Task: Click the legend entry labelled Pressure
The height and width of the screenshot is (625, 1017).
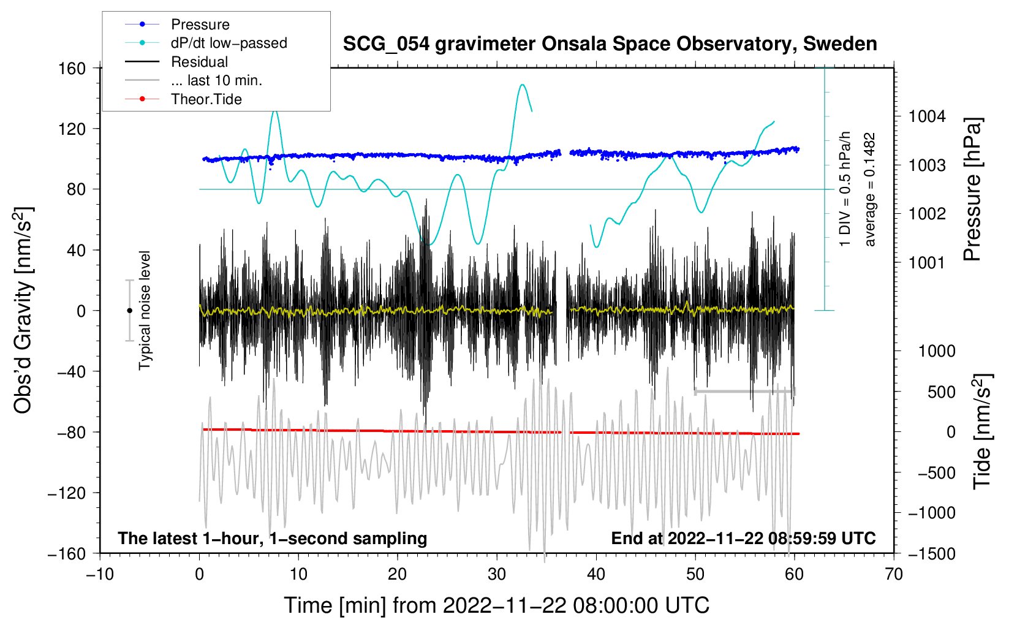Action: pos(200,25)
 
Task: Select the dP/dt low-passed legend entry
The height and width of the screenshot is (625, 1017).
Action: pos(229,43)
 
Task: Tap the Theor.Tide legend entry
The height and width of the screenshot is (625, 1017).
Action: pos(206,99)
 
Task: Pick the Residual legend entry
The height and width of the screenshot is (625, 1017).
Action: pos(199,62)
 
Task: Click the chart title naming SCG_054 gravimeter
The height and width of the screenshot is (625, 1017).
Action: pos(610,44)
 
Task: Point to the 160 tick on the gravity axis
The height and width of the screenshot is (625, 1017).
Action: pos(72,68)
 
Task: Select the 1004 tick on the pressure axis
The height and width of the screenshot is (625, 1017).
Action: pos(927,116)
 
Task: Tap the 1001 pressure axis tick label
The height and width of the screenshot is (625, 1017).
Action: pos(927,263)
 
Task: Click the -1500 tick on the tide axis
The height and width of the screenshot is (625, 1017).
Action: pos(932,554)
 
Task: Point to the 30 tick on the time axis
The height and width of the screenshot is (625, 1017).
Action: pos(497,575)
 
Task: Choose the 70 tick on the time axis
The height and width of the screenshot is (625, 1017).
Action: pos(894,575)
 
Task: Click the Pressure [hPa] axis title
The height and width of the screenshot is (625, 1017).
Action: pos(973,190)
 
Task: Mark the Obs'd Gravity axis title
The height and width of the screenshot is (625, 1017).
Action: pos(23,310)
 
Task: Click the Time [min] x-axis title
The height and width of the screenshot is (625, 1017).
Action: pos(496,605)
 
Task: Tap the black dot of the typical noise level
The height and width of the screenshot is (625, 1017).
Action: pos(129,311)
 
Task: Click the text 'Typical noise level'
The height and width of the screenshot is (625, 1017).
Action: pos(145,310)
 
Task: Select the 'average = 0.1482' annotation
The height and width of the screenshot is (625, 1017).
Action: pos(870,190)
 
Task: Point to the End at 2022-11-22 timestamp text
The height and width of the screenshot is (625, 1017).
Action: pos(743,539)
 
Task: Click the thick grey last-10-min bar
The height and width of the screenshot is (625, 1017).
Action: pos(744,391)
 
